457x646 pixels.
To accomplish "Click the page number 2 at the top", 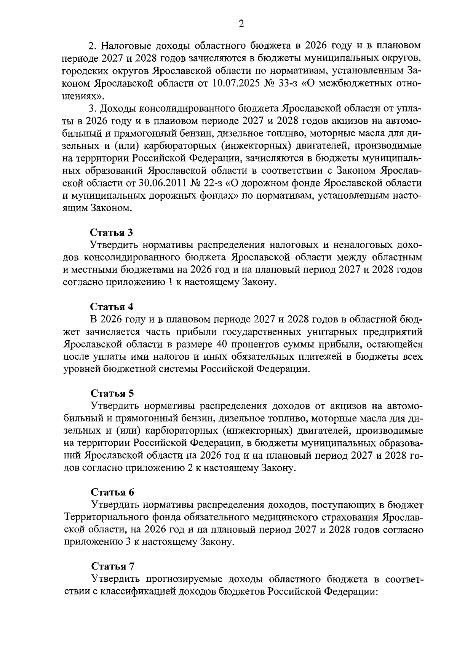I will coord(240,24).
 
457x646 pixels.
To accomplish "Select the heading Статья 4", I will coord(112,306).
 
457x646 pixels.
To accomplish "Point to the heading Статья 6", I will coord(112,492).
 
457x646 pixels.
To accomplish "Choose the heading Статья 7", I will coord(112,566).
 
